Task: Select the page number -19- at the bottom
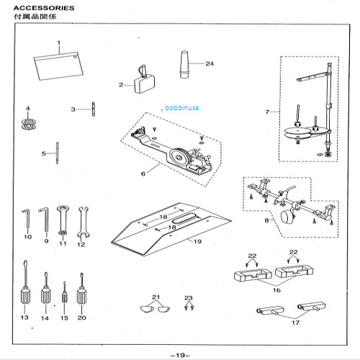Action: coord(180,353)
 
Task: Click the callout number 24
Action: coord(210,63)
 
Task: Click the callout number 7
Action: coord(267,112)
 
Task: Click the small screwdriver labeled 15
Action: coord(64,294)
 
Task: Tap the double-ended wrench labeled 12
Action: coord(81,219)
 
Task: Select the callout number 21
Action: coord(155,297)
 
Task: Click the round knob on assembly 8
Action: coord(287,217)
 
